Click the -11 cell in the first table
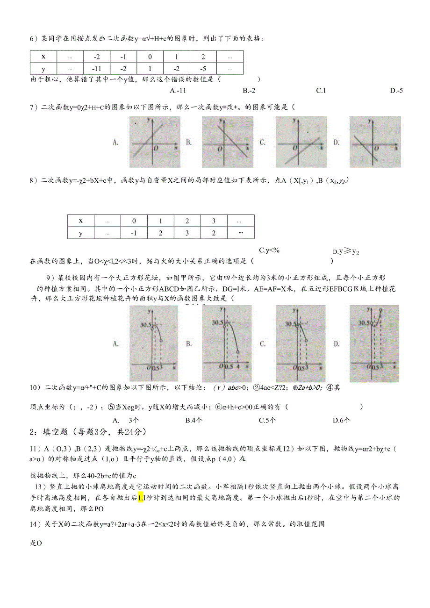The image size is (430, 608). (97, 69)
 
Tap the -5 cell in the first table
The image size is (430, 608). (203, 69)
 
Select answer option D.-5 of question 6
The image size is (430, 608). (396, 91)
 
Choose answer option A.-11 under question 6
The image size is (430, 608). (178, 91)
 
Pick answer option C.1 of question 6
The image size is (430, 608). (321, 91)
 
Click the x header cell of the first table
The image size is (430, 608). (43, 57)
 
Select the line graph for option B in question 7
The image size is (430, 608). (227, 142)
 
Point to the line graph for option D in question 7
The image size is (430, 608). (375, 142)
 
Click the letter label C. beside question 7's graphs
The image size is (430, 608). (263, 142)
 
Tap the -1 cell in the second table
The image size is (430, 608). (134, 233)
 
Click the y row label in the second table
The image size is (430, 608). (80, 233)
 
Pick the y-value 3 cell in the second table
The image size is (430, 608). (187, 233)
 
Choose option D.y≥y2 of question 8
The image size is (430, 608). (346, 251)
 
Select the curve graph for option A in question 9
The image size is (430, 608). (151, 343)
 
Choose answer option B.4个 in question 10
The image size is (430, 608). (193, 420)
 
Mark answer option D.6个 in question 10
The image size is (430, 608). (341, 420)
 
